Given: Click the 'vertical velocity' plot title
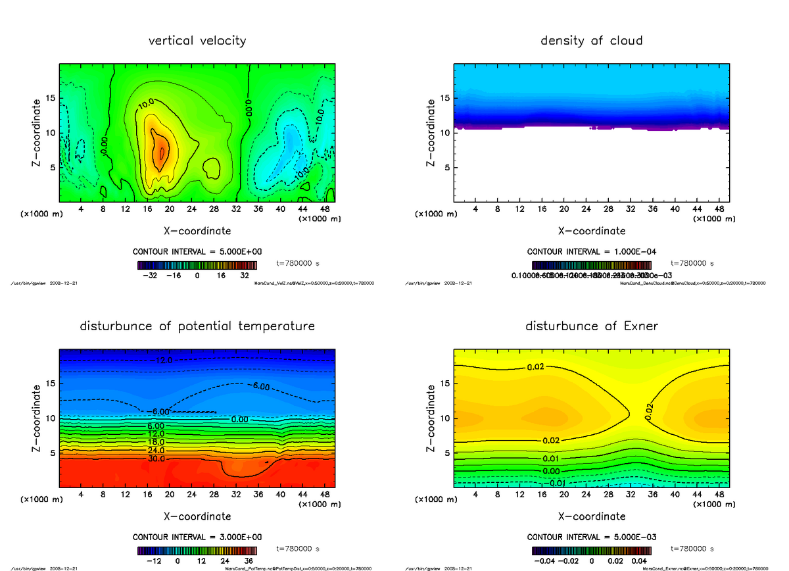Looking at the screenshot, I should tap(197, 41).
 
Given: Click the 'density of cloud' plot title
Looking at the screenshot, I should tap(591, 41).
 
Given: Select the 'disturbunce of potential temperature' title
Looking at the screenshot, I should tap(197, 326).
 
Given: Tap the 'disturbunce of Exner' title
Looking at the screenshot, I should tap(592, 326).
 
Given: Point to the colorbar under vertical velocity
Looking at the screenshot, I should tap(198, 265).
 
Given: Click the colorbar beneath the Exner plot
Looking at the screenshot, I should tap(592, 550).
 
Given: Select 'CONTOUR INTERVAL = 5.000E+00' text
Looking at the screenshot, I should tap(197, 252).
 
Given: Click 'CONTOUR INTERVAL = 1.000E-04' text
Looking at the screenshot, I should tap(592, 252).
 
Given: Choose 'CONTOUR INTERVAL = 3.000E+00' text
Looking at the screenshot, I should tap(197, 537).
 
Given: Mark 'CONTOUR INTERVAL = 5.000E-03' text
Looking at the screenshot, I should tap(592, 537).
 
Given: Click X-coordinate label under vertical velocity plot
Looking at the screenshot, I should tap(197, 231).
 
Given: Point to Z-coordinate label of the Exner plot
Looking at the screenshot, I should tap(431, 418).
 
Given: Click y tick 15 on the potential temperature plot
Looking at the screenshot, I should tap(49, 384).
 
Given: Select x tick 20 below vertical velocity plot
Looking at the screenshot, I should tap(170, 209).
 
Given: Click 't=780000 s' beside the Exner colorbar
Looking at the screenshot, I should tap(692, 549).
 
